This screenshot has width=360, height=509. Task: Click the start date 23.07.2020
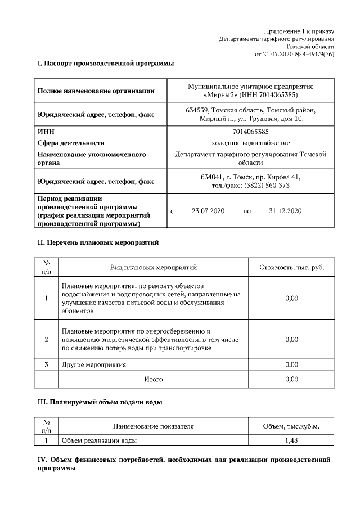tap(208, 211)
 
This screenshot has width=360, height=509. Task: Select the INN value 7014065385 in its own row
tap(250, 132)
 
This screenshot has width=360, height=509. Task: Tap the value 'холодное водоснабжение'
tap(250, 143)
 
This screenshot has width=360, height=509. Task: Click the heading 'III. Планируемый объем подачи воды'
tap(100, 403)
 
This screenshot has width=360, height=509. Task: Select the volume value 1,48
tap(291, 440)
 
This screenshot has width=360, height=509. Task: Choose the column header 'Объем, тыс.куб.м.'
tap(291, 426)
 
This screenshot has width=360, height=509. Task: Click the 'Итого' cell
tap(153, 379)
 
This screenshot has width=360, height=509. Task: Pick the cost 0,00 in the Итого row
tap(291, 379)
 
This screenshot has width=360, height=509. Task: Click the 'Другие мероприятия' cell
tap(94, 365)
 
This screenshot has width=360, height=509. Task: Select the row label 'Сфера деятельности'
tap(71, 143)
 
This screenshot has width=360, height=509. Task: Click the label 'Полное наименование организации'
tap(96, 91)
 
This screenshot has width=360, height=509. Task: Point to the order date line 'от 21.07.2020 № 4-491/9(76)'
tap(294, 55)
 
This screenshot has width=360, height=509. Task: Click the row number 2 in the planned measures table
tap(46, 339)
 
